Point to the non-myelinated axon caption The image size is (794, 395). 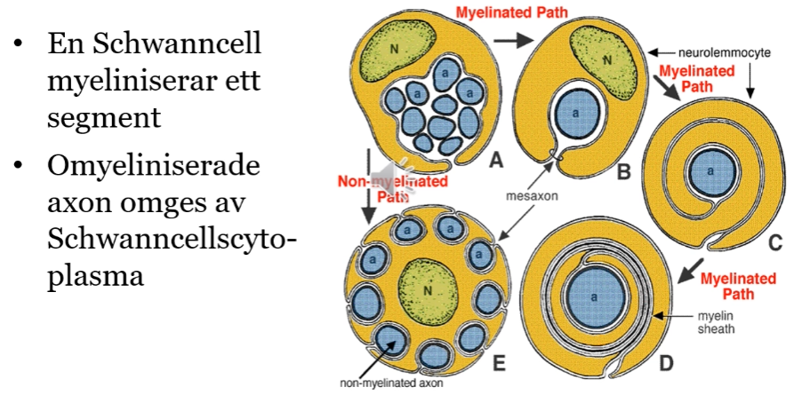388,384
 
